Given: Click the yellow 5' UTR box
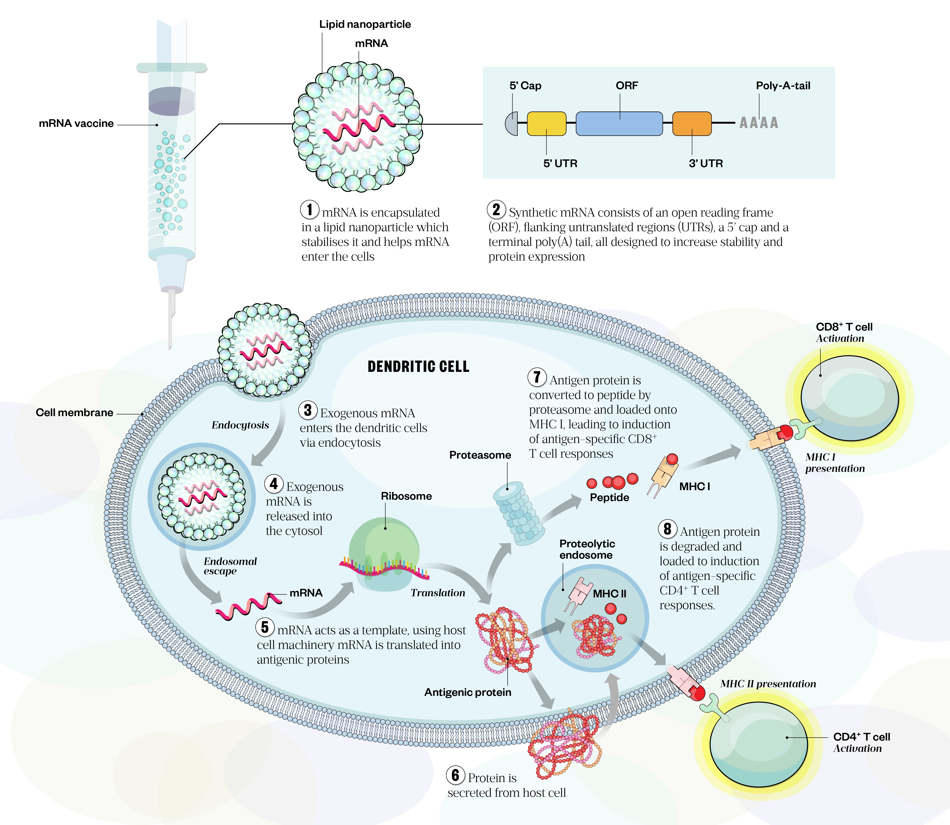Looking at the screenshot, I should [x=546, y=123].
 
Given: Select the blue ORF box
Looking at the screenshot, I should [x=619, y=123].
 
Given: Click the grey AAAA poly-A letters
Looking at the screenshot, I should [x=759, y=123].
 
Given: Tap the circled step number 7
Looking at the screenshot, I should [x=537, y=377].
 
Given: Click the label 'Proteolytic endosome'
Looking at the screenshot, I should [x=587, y=549].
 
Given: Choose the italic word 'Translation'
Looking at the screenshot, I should [x=438, y=593].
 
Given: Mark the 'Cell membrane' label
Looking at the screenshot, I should [x=74, y=412].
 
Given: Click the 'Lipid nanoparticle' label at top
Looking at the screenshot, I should [x=365, y=24].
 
